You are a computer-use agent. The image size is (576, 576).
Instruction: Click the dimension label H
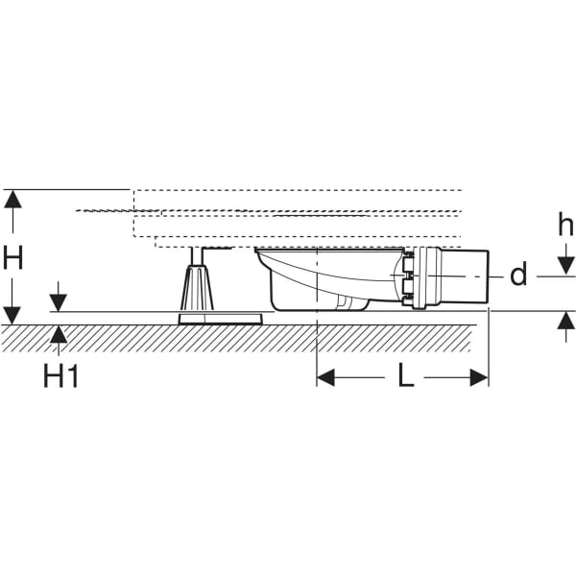click(13, 256)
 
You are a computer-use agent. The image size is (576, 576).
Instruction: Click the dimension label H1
click(60, 375)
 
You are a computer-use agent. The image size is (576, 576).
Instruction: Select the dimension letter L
click(406, 376)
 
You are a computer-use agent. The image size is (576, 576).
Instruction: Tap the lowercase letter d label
click(518, 276)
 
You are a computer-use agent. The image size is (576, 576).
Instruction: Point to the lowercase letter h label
click(565, 226)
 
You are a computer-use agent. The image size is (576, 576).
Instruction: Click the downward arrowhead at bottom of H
click(12, 314)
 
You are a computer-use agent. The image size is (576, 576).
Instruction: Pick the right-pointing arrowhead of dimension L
click(479, 378)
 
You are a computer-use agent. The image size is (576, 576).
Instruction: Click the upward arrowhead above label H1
click(60, 334)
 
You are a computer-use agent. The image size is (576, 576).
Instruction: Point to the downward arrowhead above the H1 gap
click(60, 301)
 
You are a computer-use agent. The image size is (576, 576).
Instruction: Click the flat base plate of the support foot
click(220, 318)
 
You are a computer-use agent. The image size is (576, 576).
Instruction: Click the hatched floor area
click(240, 337)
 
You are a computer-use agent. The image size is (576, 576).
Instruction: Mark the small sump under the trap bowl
click(352, 304)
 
